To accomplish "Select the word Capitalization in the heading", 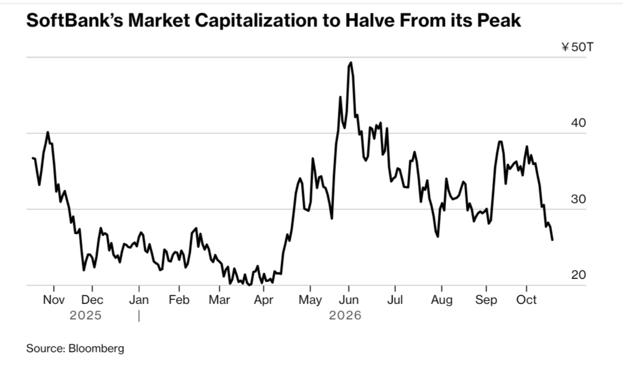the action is coord(254,21).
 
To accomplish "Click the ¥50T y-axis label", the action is coord(577,47).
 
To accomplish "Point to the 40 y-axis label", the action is coord(578,123).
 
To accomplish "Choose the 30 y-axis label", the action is coord(578,199).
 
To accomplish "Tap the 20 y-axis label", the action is coord(578,274).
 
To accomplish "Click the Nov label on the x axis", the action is coord(54,300).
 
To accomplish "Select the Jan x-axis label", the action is coord(139,300).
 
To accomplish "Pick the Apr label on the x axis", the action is coord(263,300).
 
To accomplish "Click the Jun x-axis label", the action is coord(348,300).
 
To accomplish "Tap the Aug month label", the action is coord(441,300).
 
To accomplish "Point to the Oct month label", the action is coord(527,300).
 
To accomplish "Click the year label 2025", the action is coord(85,315).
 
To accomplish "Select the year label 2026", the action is coord(345,315).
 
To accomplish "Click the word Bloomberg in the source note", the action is coord(96,349).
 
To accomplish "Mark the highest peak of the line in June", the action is coord(350,63).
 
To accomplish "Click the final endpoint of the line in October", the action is coord(552,240).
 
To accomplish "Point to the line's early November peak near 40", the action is coord(48,132).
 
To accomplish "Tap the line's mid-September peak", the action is coord(500,142).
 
